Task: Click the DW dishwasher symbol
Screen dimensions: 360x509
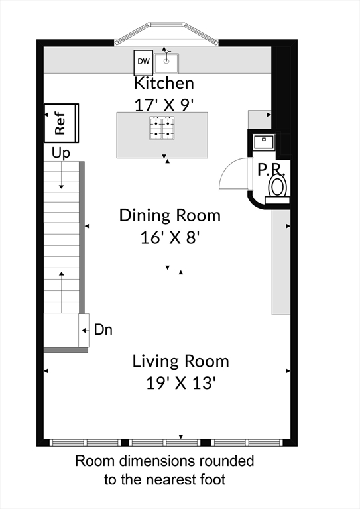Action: [143, 62]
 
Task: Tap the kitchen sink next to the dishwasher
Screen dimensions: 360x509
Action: [166, 63]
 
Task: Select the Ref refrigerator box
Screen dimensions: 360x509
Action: [62, 123]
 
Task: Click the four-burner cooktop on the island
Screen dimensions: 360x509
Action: [162, 128]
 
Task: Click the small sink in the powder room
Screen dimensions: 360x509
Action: [264, 142]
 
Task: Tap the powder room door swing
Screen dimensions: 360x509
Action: [234, 174]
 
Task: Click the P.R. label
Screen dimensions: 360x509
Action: [271, 170]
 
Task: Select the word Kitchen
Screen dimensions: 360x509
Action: [164, 83]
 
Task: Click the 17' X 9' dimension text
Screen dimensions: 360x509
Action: [164, 105]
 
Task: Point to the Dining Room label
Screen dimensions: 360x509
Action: [170, 215]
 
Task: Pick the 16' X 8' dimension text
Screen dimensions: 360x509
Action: [169, 237]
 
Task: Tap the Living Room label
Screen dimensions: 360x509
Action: [181, 361]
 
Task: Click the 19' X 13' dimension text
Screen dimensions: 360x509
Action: [181, 383]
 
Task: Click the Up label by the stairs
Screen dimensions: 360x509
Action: [61, 153]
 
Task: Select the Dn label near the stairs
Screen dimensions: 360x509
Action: [103, 330]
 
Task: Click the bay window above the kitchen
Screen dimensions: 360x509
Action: [166, 32]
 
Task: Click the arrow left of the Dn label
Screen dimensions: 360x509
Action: [86, 331]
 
